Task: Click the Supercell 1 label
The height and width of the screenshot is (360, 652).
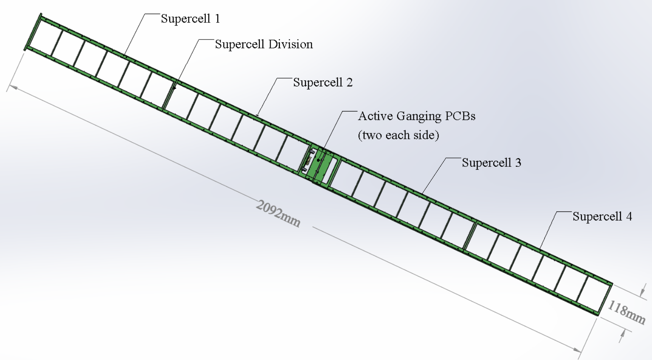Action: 190,19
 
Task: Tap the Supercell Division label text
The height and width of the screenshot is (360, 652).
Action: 264,44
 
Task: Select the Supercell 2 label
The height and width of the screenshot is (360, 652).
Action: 323,82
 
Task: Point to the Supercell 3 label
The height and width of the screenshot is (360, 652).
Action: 491,163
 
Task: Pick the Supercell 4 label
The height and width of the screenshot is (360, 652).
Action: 602,217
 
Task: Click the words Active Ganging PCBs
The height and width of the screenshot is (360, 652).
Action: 417,116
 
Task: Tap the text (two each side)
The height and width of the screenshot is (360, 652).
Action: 398,135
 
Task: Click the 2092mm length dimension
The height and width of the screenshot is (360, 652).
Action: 278,213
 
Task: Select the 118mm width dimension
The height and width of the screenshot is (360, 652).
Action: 626,312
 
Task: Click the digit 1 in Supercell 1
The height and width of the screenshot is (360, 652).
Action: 217,19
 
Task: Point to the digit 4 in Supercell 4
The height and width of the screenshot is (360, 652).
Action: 629,217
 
